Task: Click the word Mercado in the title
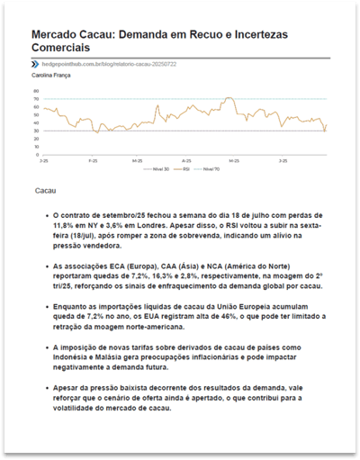(x=57, y=33)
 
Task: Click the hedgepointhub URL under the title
(x=104, y=65)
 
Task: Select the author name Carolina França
(x=50, y=77)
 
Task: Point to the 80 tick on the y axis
(x=35, y=91)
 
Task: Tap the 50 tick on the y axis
(x=35, y=121)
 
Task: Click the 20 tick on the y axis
(x=35, y=150)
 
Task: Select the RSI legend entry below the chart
(x=184, y=168)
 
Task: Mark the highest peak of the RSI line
(x=229, y=98)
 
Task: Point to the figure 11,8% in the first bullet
(x=65, y=227)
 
